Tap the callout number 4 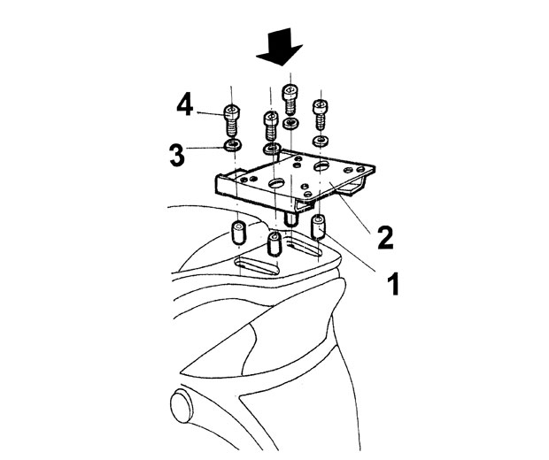184,105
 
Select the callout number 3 177,156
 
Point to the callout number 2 385,238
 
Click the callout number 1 393,283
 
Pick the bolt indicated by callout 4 231,120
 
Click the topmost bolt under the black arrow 290,99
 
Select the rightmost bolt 321,114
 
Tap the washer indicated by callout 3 232,144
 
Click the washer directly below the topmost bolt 290,123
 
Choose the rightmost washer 320,142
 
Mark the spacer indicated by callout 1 318,227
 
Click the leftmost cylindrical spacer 239,232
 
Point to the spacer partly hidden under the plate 290,219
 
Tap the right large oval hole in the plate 322,165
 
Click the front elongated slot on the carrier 257,265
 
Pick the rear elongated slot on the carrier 304,247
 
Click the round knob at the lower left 182,406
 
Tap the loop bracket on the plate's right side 354,186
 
